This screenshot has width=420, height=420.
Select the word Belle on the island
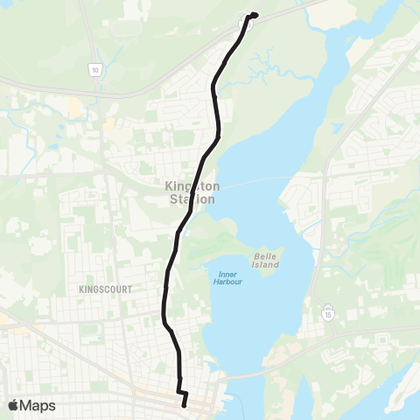[265, 253]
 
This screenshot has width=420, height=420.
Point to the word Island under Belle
[265, 263]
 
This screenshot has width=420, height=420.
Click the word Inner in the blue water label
[227, 272]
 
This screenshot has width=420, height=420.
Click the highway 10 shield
[94, 67]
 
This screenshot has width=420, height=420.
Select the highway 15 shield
[327, 311]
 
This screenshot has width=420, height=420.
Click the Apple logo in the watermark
[13, 405]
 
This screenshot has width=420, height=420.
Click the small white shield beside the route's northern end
[248, 24]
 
